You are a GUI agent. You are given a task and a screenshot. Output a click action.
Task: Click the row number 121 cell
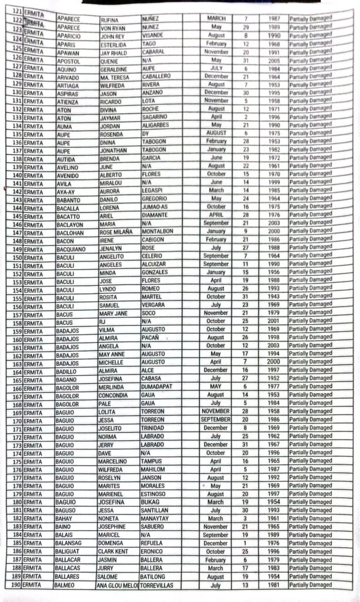(17, 11)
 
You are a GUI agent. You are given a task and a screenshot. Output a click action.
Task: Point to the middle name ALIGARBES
(160, 125)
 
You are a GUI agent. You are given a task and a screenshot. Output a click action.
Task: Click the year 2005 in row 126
(274, 60)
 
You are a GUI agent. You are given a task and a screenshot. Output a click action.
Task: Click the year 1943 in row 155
(274, 297)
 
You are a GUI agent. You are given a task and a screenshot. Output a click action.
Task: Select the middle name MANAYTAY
(160, 519)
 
